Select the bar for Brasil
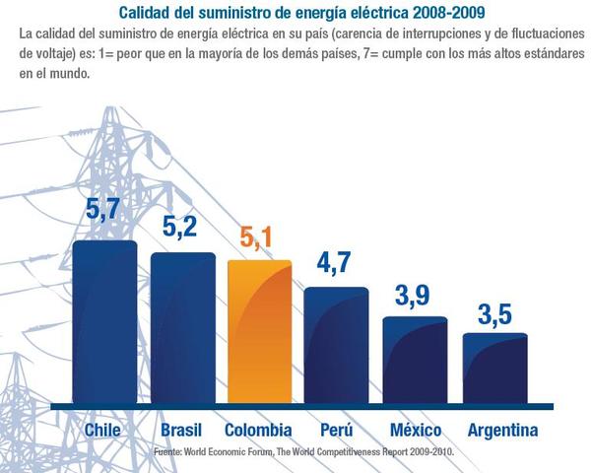(x=182, y=329)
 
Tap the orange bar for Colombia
(x=259, y=333)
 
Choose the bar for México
(x=415, y=361)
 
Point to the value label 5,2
(x=181, y=227)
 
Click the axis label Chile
(x=103, y=431)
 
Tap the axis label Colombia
(x=258, y=431)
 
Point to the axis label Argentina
(x=502, y=431)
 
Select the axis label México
(x=415, y=431)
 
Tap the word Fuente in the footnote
(x=169, y=452)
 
